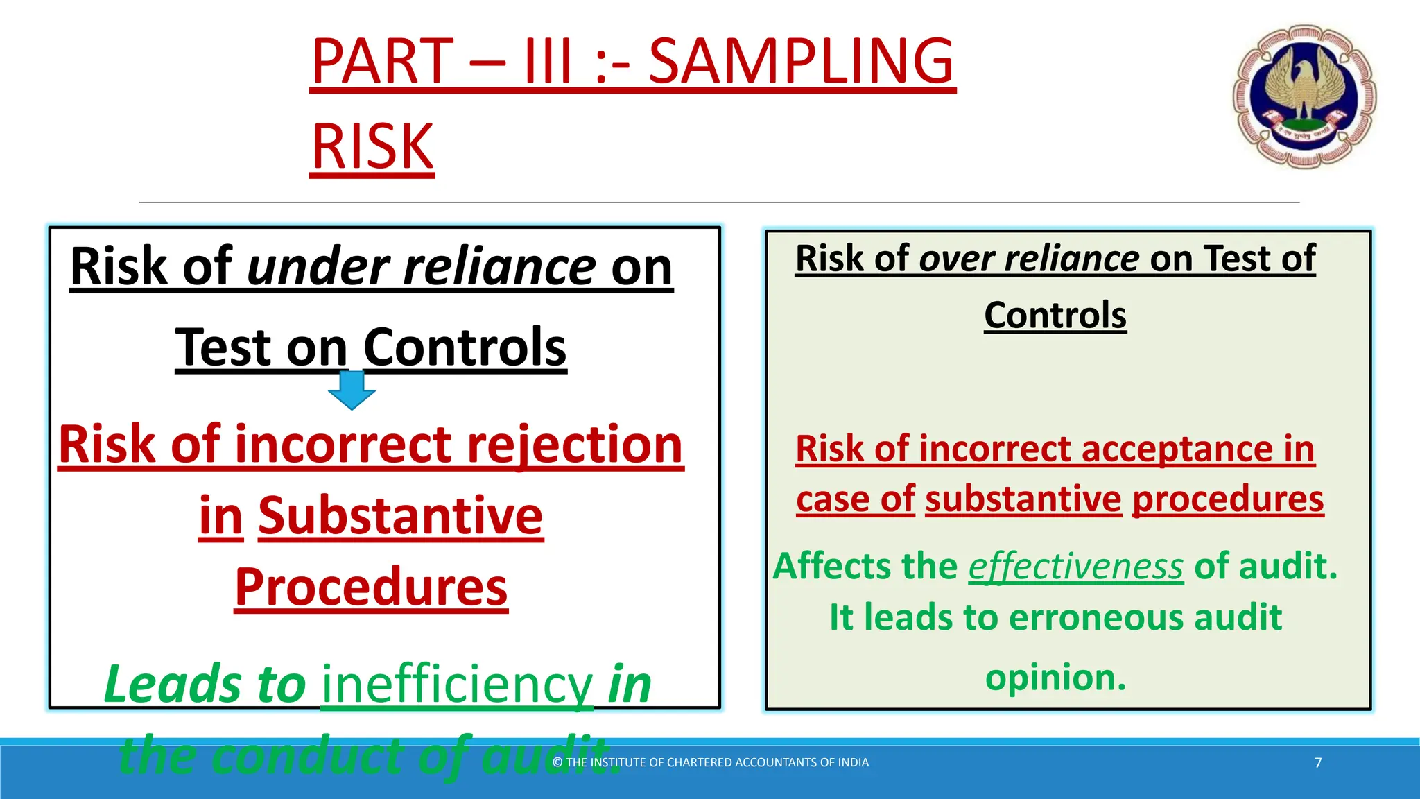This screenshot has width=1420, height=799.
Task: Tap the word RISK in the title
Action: [x=372, y=147]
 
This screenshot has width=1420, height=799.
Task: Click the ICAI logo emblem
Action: [x=1304, y=96]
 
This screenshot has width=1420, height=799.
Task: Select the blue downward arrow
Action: [x=352, y=390]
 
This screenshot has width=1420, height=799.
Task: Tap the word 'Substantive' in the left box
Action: [x=400, y=517]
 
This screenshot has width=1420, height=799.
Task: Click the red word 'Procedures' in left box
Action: [x=371, y=587]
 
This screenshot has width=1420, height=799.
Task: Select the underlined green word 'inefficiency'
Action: [x=457, y=685]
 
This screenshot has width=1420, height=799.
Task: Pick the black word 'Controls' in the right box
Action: [x=1055, y=316]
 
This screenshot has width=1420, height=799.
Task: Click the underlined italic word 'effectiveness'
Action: [x=1075, y=567]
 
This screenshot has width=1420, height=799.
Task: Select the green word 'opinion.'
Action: [x=1055, y=677]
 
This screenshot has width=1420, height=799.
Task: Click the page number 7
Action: [x=1318, y=763]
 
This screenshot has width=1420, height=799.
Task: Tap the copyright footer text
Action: [x=710, y=763]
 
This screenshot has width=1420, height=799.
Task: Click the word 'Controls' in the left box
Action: [x=465, y=347]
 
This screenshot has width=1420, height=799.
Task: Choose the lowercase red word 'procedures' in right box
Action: [x=1228, y=499]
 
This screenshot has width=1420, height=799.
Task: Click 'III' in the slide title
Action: [x=548, y=62]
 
